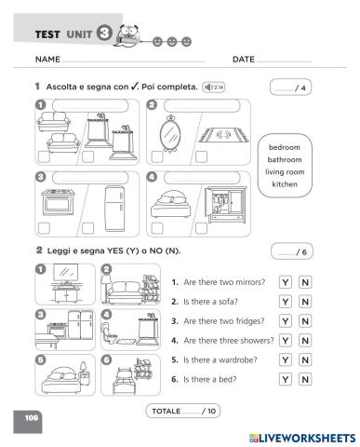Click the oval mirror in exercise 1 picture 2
(171, 136)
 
